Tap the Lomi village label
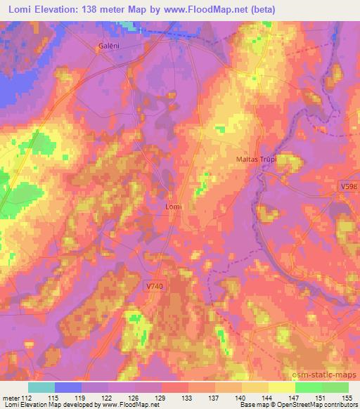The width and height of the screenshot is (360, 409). pos(173,207)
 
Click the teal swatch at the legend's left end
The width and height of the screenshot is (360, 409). pos(41,387)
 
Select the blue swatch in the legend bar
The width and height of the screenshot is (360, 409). pos(68,387)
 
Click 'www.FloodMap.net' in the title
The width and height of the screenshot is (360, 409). pos(202,9)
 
